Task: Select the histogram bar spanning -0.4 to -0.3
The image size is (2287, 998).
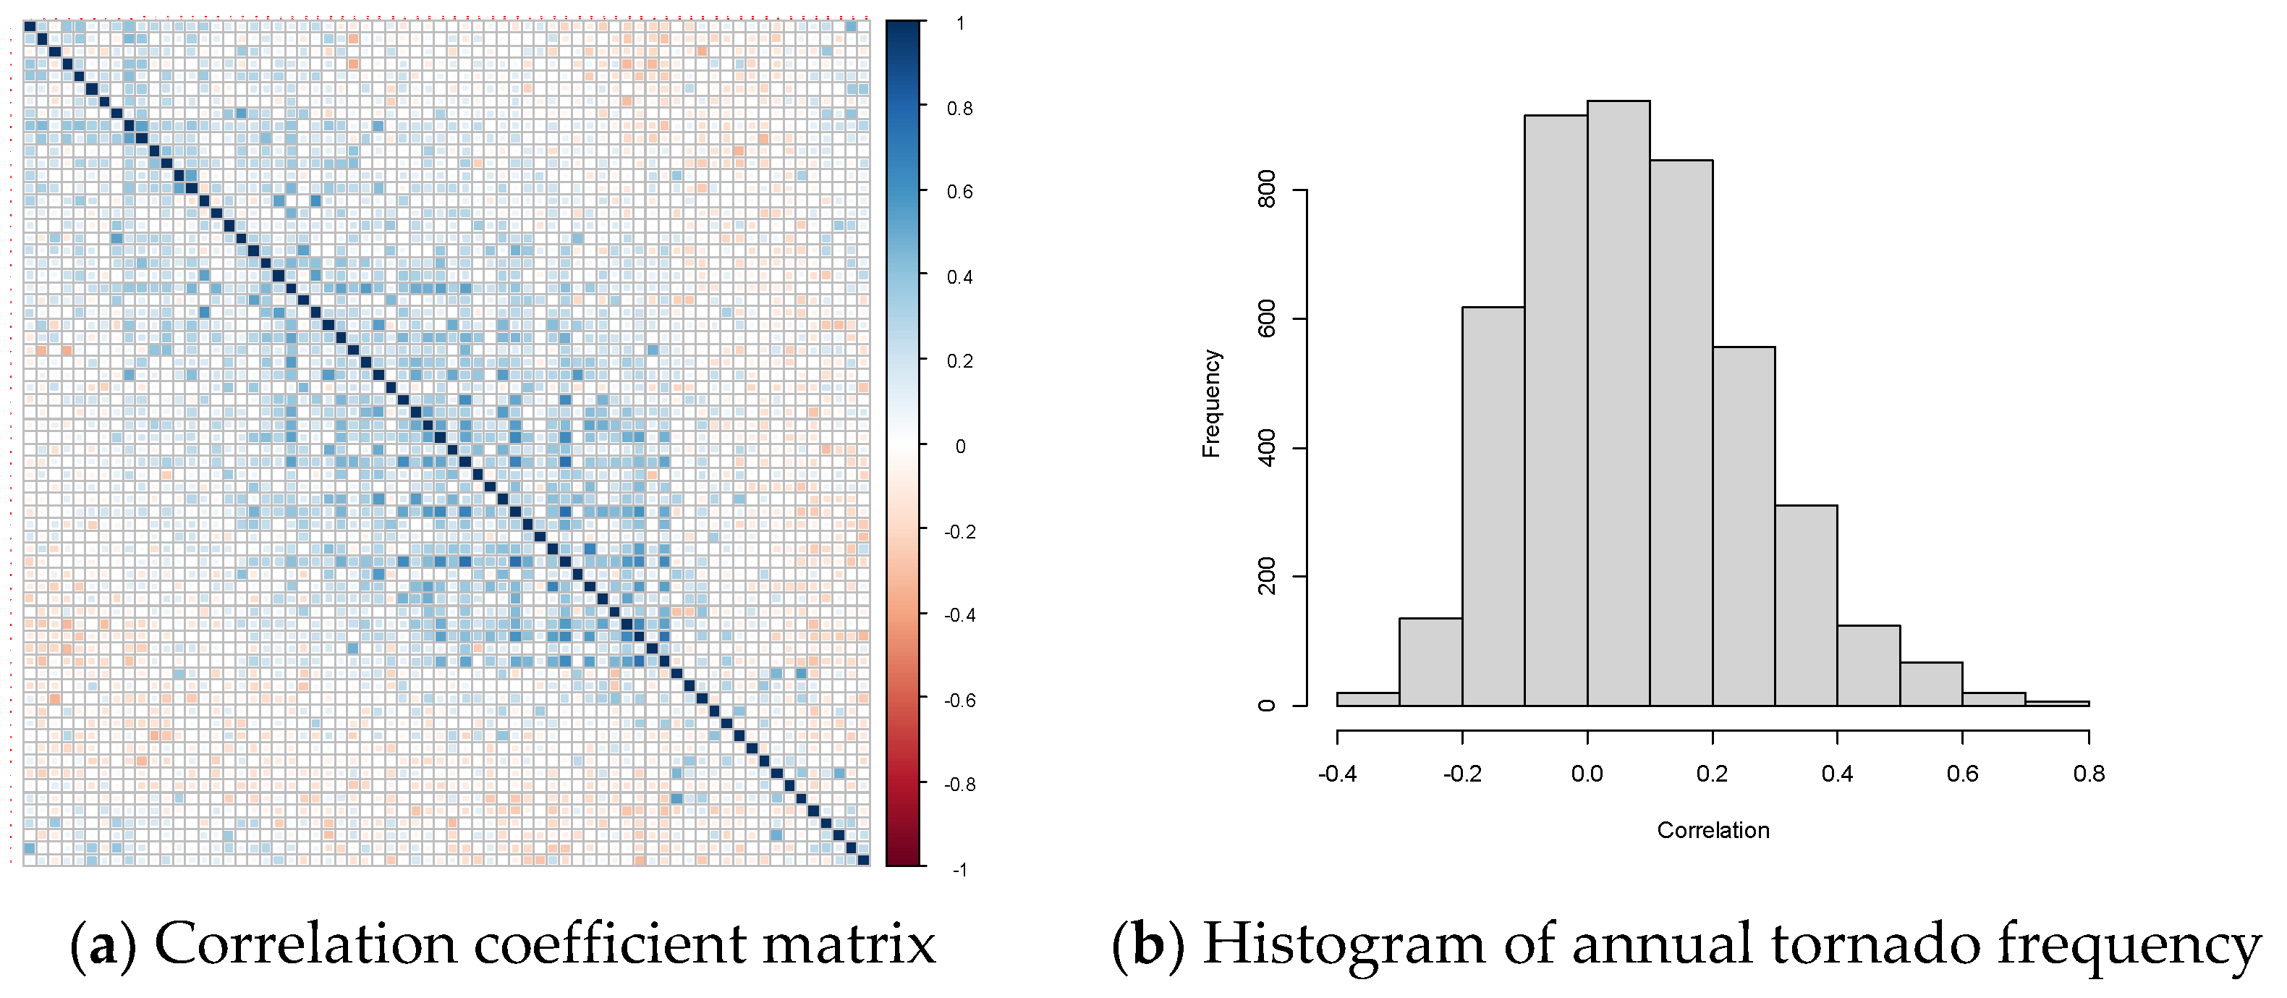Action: point(1367,699)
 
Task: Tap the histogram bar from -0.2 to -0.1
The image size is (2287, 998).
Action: point(1493,506)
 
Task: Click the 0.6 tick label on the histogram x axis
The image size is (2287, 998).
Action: point(1962,774)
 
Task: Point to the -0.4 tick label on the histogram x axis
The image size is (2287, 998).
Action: point(1337,774)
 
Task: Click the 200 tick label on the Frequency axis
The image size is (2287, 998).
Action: point(1268,576)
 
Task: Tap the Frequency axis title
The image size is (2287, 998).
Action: point(1211,404)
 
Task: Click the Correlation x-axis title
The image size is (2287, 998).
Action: point(1713,830)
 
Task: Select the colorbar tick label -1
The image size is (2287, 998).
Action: point(959,869)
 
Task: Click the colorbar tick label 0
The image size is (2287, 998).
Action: point(959,447)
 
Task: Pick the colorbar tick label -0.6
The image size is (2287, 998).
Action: point(959,701)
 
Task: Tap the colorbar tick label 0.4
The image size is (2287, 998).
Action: point(959,277)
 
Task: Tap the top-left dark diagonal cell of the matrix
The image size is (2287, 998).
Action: point(29,27)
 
